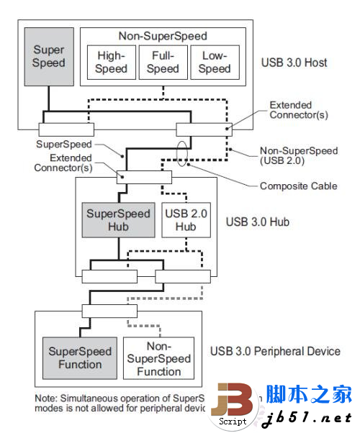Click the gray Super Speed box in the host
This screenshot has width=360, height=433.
[48, 56]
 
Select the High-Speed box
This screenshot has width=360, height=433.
[111, 62]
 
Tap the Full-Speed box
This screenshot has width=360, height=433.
[163, 62]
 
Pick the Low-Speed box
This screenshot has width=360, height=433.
[214, 62]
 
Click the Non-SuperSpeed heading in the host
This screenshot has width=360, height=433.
[162, 35]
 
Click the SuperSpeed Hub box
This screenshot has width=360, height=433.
[118, 219]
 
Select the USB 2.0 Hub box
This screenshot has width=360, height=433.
[186, 219]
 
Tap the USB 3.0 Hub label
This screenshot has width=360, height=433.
[258, 222]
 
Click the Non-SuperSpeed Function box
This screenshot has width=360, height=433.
[158, 358]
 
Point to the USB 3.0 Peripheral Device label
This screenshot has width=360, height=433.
[275, 351]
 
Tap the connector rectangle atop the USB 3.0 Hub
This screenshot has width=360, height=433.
[145, 177]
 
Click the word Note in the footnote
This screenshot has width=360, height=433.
[47, 398]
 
